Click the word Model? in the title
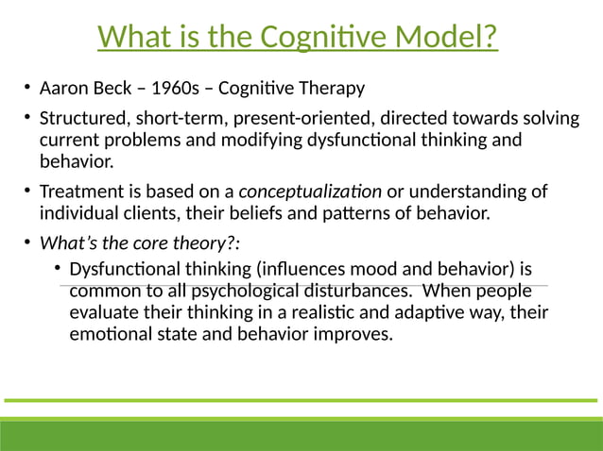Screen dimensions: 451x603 [x=444, y=38]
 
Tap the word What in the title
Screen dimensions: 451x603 [x=131, y=38]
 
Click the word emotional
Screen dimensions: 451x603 [x=111, y=334]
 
